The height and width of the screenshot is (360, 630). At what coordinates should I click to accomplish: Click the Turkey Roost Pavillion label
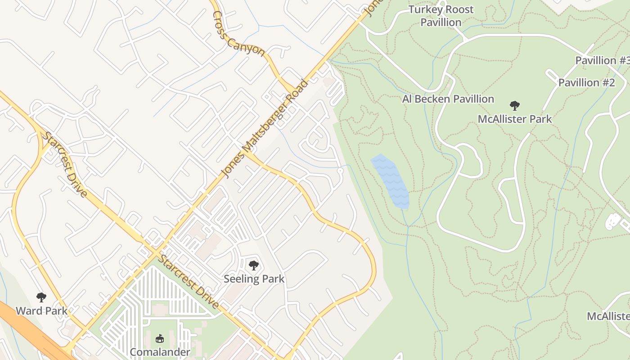coord(441,16)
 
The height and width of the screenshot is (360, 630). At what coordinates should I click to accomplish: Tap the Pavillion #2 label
coord(586,82)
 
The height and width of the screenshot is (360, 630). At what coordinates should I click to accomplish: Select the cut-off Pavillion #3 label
coord(602,60)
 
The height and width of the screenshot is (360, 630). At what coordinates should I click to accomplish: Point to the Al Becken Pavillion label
coord(448,99)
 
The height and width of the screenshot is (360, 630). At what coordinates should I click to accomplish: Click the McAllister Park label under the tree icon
coord(514,119)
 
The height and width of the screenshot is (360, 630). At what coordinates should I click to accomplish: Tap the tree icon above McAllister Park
coord(514,106)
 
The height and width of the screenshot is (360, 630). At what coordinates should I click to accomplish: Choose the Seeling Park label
coord(254,279)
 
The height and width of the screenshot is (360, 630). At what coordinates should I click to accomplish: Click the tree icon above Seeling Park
coord(254,265)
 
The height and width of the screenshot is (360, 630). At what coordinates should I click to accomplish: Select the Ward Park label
coord(41,310)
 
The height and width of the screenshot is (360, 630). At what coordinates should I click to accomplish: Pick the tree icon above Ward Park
coord(41,297)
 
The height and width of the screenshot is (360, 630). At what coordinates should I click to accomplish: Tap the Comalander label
coord(160,352)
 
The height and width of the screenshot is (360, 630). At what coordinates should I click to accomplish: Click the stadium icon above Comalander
coord(159,338)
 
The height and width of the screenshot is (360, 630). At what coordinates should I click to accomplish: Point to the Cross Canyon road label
coord(238,33)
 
